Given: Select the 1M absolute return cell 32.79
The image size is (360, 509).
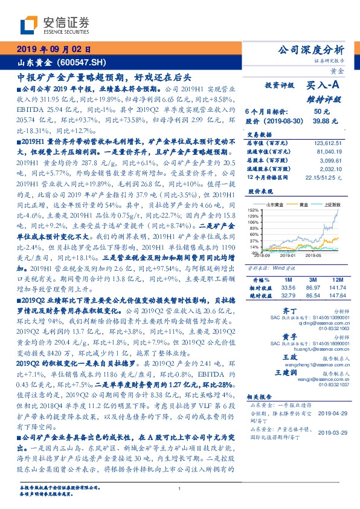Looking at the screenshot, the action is click(286, 296).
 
